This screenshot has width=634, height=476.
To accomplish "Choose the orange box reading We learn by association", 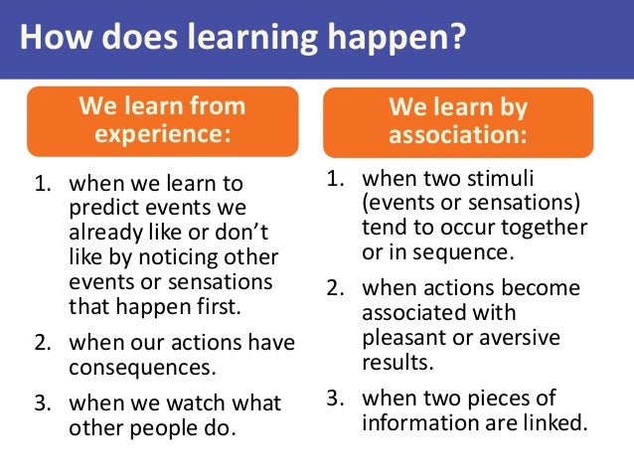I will coord(457,121).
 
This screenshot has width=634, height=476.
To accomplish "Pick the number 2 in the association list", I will coord(335,289).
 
